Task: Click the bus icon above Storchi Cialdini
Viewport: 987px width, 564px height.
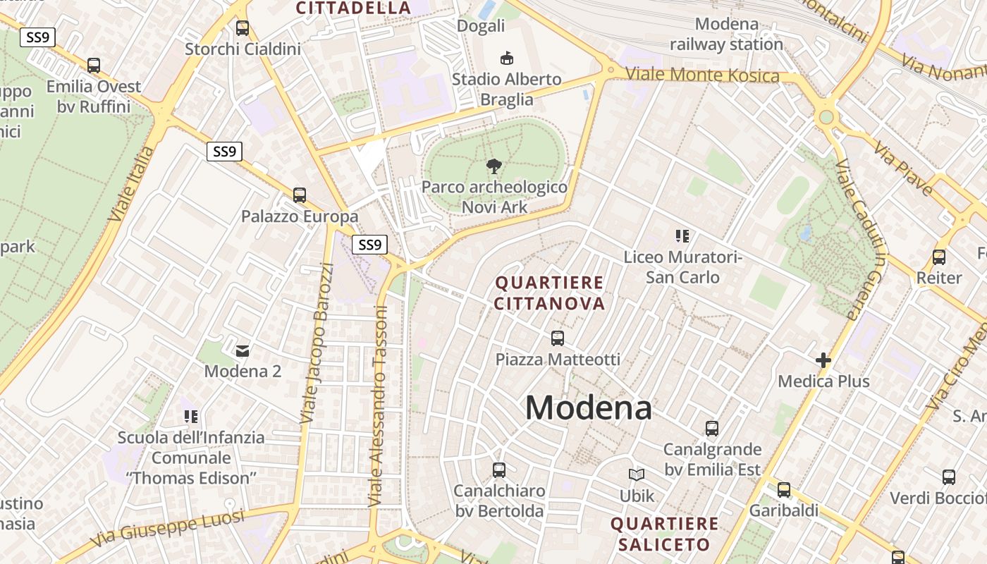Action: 243,28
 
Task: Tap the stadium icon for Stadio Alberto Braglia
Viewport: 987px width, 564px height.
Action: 505,58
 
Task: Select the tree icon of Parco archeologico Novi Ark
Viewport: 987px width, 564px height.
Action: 494,166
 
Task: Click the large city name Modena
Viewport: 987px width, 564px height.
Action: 588,407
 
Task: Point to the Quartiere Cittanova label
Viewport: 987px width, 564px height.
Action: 549,293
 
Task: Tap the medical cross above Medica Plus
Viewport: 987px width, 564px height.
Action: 823,360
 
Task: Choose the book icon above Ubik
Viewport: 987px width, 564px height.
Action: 637,475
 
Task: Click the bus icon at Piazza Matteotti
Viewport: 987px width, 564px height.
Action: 558,338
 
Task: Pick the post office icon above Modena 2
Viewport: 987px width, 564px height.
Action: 243,350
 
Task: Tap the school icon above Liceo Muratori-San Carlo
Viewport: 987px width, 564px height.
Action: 682,236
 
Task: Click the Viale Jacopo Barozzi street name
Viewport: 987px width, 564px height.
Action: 317,343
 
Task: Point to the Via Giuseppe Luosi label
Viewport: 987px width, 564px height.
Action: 168,527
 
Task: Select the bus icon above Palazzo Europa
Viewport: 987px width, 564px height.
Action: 300,195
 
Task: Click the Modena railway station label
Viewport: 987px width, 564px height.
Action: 726,34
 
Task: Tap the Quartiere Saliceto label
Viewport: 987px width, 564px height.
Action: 664,534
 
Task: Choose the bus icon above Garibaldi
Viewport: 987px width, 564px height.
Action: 783,489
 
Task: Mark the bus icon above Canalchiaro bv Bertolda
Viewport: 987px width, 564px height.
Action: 499,470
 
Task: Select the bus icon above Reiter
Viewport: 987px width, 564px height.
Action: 938,257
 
